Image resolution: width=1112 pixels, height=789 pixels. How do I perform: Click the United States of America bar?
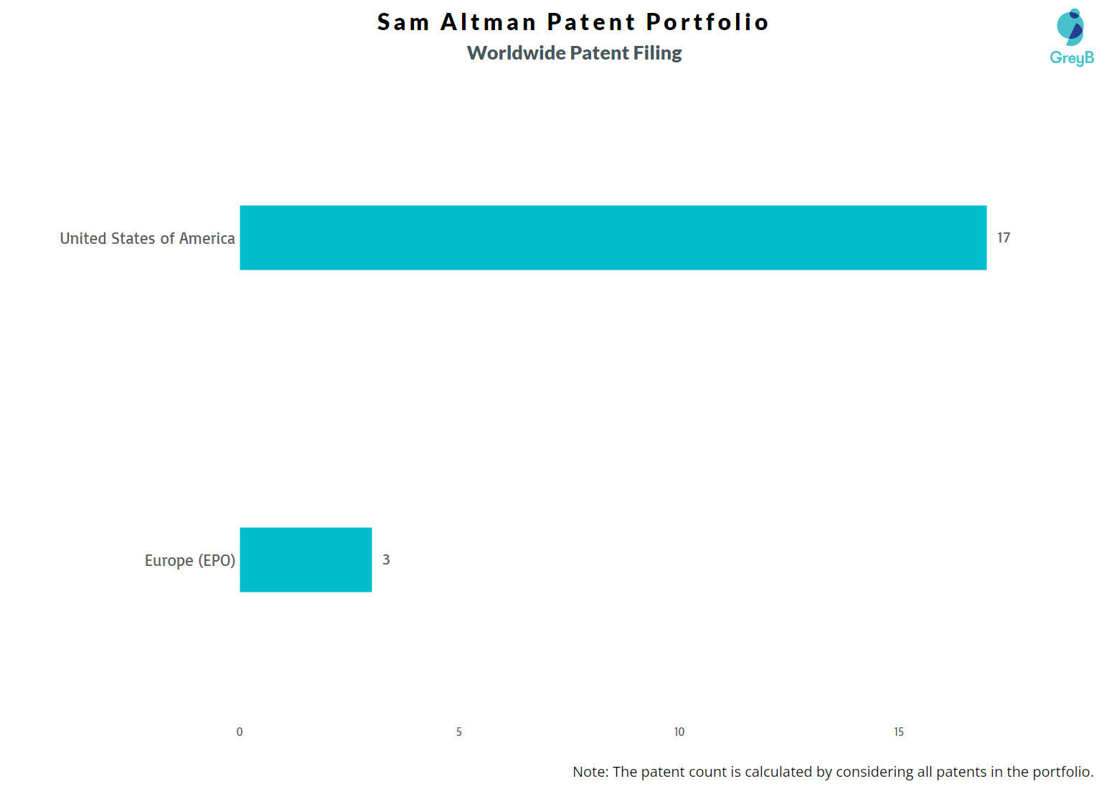coord(613,237)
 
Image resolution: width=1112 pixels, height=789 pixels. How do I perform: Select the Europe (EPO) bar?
coord(306,559)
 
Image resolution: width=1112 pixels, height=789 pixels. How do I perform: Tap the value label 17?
coord(1003,237)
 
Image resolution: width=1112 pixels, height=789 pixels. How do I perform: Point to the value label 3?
coord(386,559)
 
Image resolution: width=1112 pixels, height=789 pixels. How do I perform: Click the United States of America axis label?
coord(147,238)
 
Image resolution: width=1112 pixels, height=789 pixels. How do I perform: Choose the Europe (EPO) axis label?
coord(189,560)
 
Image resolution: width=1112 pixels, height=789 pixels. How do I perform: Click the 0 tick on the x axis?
coord(240,732)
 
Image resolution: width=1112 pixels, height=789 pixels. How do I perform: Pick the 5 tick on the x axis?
coord(459,732)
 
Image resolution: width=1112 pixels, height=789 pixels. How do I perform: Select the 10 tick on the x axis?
coord(679,732)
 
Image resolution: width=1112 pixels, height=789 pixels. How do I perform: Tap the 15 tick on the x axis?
coord(898,732)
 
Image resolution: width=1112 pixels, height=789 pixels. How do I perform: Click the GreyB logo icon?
coord(1070,27)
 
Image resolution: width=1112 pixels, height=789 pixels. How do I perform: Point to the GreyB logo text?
coord(1071,58)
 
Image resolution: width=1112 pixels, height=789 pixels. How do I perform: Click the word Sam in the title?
coord(403,22)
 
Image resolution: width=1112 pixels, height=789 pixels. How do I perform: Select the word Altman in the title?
coord(488,22)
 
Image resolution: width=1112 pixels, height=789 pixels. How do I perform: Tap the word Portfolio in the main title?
coord(707,22)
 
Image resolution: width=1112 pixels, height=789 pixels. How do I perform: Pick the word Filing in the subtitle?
coord(657,53)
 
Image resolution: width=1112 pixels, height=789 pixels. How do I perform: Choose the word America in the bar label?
coord(207,238)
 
